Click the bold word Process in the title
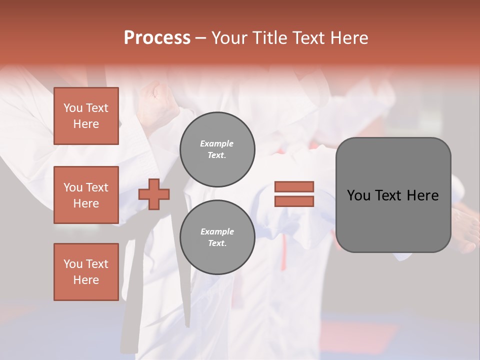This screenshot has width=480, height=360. click(157, 37)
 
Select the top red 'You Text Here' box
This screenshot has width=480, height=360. click(86, 116)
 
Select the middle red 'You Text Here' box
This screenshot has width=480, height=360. click(86, 195)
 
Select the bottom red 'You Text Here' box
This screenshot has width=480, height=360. click(86, 272)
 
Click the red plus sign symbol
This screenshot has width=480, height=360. click(154, 194)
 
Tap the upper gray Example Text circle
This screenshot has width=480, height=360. click(217, 149)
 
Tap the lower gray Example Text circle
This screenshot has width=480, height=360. click(217, 237)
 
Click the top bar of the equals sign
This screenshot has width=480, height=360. click(294, 186)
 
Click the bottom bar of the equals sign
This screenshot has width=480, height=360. click(294, 201)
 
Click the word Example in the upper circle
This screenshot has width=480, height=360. click(216, 143)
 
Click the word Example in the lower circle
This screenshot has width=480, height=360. click(216, 231)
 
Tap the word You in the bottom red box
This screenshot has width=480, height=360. click(73, 264)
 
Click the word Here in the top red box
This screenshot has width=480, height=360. click(86, 124)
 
